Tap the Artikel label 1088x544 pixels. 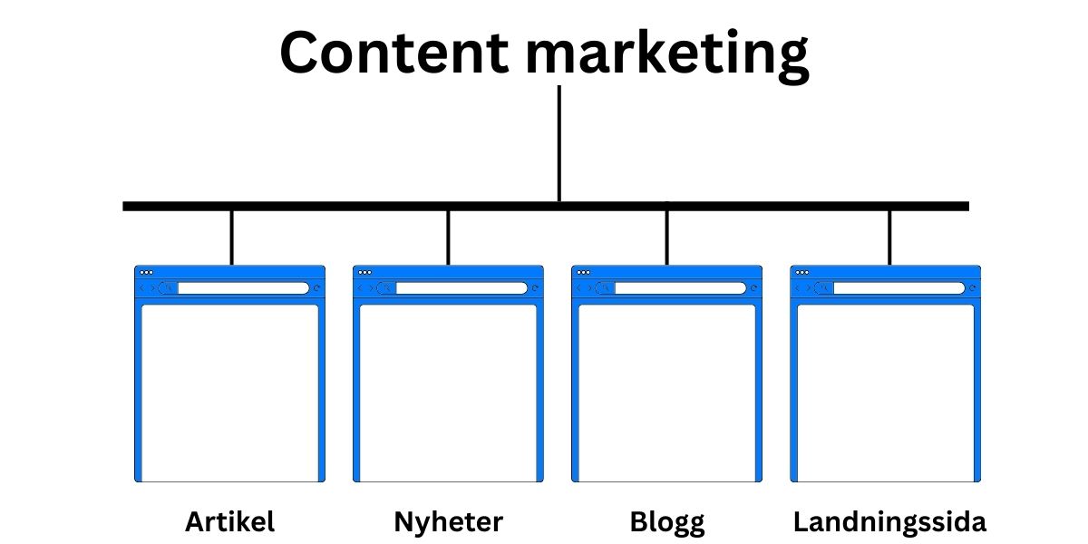click(x=229, y=522)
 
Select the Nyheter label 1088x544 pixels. click(x=448, y=522)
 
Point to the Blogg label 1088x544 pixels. click(x=666, y=522)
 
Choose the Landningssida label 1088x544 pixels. click(x=889, y=522)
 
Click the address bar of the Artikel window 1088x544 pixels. click(x=243, y=288)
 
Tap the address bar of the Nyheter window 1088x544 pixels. click(x=461, y=288)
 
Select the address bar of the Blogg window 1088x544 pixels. click(x=680, y=288)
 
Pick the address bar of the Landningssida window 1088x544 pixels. click(x=899, y=288)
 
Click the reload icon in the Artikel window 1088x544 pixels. click(x=316, y=288)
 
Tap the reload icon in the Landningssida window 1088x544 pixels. click(x=973, y=288)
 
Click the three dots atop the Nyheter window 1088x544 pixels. click(x=364, y=272)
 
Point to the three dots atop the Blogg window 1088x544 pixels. click(x=583, y=272)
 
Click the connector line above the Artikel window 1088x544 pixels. click(x=231, y=238)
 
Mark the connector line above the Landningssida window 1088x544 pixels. click(x=889, y=238)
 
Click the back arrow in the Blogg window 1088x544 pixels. click(x=578, y=288)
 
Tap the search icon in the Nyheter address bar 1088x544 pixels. click(x=387, y=288)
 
